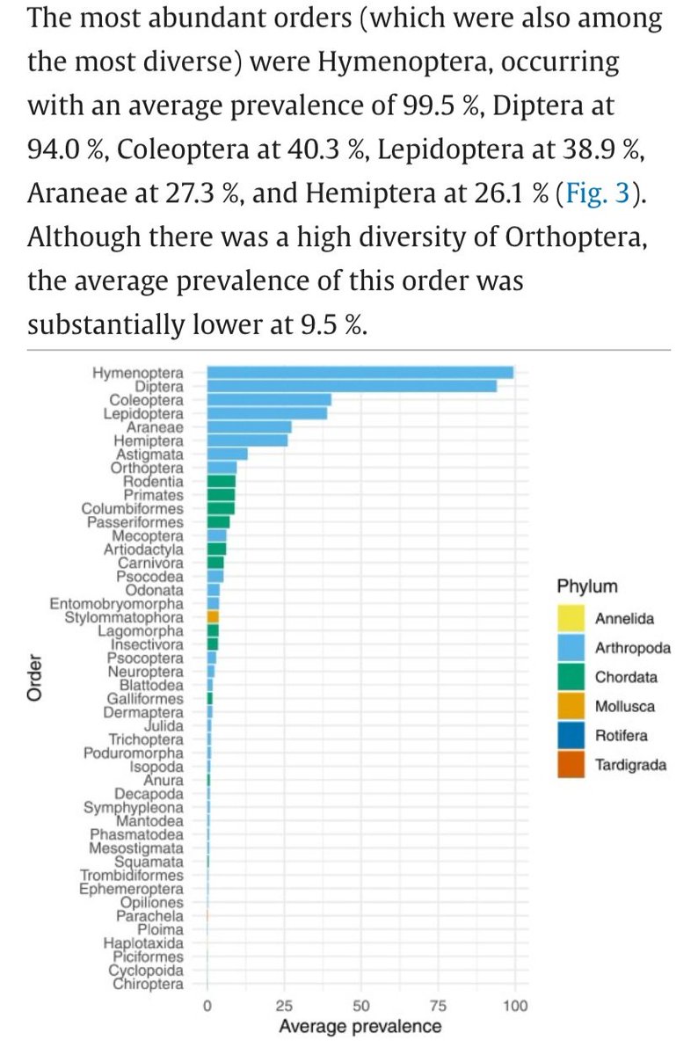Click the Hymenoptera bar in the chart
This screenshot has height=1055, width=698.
360,373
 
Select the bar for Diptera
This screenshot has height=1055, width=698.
352,386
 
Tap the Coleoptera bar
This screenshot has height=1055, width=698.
269,400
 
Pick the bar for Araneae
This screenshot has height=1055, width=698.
249,427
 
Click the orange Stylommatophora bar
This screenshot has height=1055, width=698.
213,617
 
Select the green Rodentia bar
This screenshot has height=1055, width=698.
221,482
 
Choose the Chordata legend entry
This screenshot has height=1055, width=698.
624,677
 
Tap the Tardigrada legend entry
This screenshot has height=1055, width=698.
630,764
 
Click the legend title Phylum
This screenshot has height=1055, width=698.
586,586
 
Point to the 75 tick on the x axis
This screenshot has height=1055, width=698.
438,1006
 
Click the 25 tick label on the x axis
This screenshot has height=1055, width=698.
284,1006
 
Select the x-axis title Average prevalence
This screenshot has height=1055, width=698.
360,1026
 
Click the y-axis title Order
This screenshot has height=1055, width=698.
36,678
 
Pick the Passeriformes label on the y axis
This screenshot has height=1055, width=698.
135,522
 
